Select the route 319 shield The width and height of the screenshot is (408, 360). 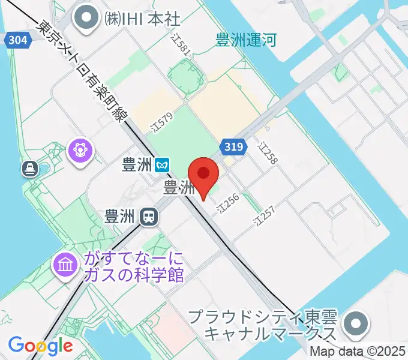233,146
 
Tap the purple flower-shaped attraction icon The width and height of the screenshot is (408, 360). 81,150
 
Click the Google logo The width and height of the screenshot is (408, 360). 40,346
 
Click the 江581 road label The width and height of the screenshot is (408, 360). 181,46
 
